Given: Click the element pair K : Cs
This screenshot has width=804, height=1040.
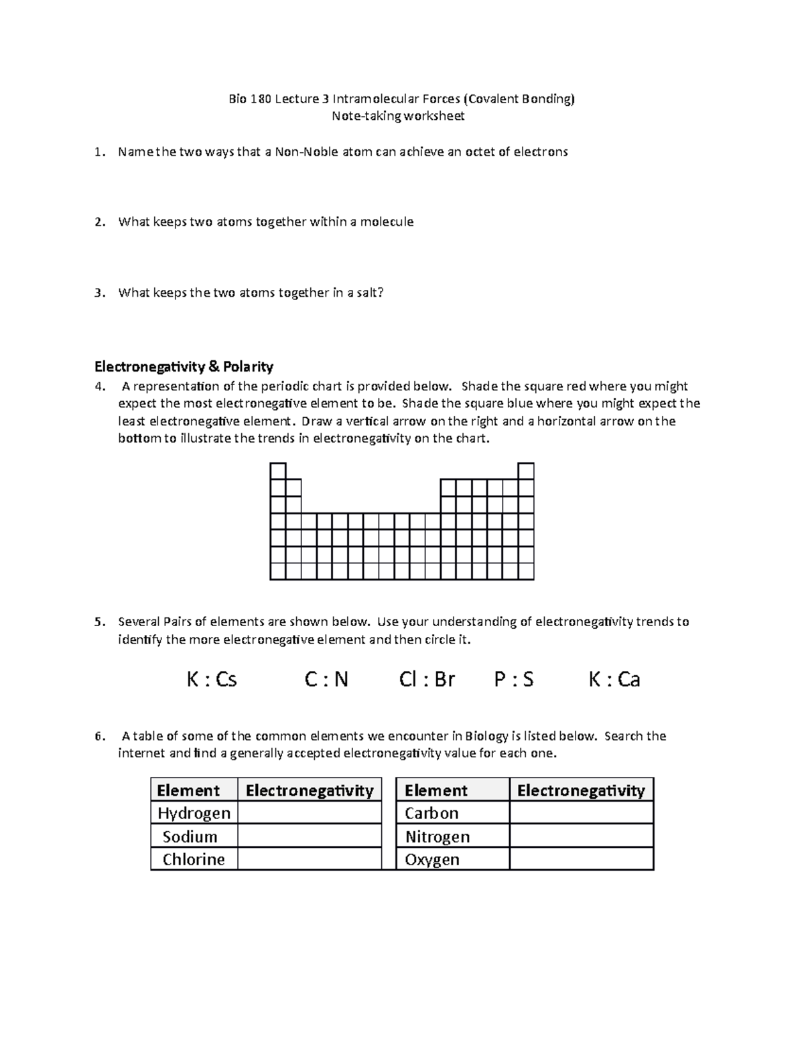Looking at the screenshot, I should (212, 680).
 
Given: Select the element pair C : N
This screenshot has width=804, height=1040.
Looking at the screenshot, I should (326, 680).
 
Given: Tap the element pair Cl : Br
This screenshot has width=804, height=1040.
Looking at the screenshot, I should (427, 680).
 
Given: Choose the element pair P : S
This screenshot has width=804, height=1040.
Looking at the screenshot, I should (514, 680).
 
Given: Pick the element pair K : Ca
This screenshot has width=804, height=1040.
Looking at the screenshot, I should (614, 680).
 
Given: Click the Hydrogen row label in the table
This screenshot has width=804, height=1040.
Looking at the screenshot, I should (194, 813).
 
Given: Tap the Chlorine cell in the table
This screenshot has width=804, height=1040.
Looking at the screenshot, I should (194, 859).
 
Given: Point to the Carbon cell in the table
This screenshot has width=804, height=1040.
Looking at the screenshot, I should (431, 813).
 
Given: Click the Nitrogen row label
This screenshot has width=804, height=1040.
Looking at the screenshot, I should (437, 836).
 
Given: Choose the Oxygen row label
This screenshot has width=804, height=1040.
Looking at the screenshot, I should (432, 859).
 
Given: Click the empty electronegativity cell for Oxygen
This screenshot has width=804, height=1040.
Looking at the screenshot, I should (581, 859).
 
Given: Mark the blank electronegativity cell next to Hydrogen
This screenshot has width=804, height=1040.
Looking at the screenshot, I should (309, 813).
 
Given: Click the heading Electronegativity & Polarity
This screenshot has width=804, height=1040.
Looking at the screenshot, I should (184, 366).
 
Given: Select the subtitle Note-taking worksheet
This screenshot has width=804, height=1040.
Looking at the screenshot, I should (399, 116).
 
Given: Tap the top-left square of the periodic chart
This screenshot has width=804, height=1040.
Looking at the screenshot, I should (278, 471).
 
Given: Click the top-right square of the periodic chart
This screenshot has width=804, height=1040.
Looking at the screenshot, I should (526, 471).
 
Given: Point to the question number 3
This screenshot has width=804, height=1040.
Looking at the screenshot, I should (98, 293).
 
